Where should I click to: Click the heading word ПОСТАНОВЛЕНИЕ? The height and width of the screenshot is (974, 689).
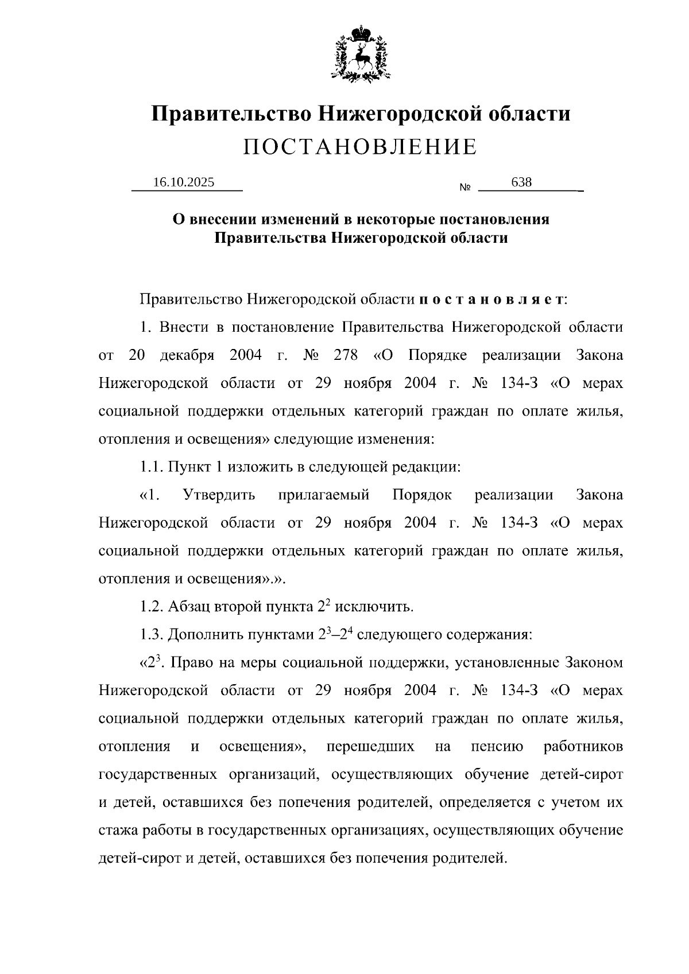point(360,148)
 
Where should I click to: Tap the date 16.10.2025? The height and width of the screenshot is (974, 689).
point(184,183)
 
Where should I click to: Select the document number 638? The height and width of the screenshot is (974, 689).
point(521,183)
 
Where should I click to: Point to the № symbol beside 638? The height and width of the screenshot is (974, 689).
point(465,188)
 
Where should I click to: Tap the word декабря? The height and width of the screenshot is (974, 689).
point(187,355)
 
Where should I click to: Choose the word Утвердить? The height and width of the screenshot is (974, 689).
point(219,495)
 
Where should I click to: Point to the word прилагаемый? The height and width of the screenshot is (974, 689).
point(323,495)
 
